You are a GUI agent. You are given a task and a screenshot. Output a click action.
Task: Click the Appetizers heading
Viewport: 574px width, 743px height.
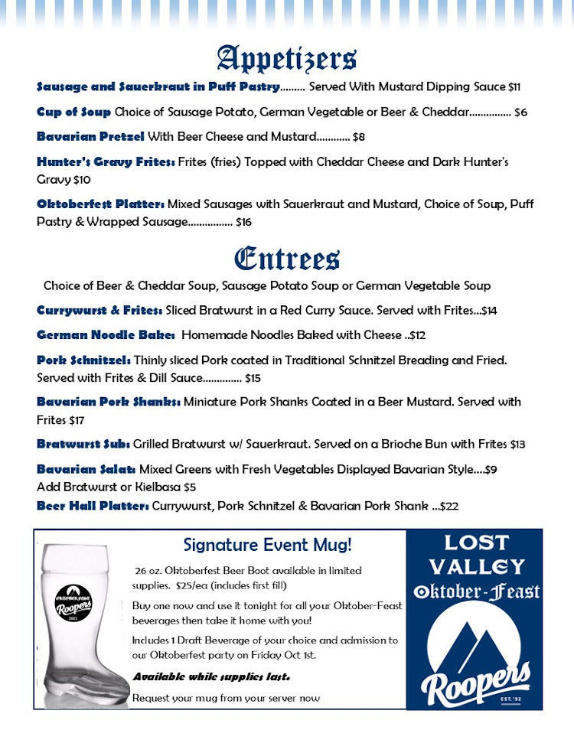pyautogui.click(x=287, y=58)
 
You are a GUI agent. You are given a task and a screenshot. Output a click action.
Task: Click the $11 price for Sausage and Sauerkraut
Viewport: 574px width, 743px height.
pyautogui.click(x=514, y=87)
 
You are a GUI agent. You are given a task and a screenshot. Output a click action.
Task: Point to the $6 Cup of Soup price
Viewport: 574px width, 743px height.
pyautogui.click(x=520, y=112)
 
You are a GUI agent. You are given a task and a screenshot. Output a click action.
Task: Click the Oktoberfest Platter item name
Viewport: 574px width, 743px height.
pyautogui.click(x=100, y=204)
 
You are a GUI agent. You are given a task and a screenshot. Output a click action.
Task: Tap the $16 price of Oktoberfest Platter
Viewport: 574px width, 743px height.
pyautogui.click(x=243, y=223)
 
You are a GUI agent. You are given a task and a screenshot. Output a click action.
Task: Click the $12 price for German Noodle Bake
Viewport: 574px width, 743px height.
pyautogui.click(x=419, y=335)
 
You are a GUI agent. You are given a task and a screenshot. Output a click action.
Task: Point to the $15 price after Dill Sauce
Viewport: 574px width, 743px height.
pyautogui.click(x=253, y=378)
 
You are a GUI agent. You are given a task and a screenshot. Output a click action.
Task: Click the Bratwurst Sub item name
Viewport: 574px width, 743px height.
pyautogui.click(x=83, y=444)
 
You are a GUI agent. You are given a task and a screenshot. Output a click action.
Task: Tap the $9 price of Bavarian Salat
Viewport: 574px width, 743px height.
pyautogui.click(x=491, y=469)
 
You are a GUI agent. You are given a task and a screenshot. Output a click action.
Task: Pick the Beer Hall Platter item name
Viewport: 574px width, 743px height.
pyautogui.click(x=93, y=506)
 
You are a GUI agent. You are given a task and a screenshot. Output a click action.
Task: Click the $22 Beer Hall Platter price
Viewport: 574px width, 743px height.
pyautogui.click(x=450, y=506)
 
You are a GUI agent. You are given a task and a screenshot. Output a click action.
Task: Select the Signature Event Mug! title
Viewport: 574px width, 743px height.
pyautogui.click(x=268, y=546)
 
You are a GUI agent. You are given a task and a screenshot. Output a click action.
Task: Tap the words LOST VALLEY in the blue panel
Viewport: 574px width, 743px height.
pyautogui.click(x=476, y=555)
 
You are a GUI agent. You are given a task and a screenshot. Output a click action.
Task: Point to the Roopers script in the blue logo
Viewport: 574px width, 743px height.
pyautogui.click(x=475, y=683)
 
